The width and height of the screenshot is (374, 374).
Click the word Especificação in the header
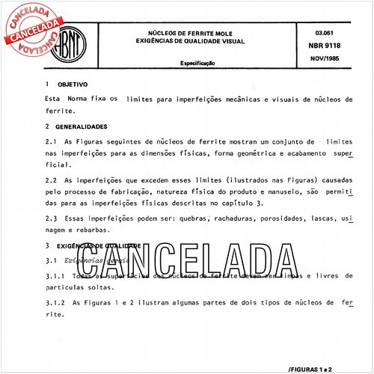pyautogui.click(x=196, y=64)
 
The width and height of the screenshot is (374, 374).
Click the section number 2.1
pyautogui.click(x=51, y=141)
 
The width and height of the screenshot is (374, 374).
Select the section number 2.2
pyautogui.click(x=51, y=181)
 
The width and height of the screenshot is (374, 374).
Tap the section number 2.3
pyautogui.click(x=51, y=218)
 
